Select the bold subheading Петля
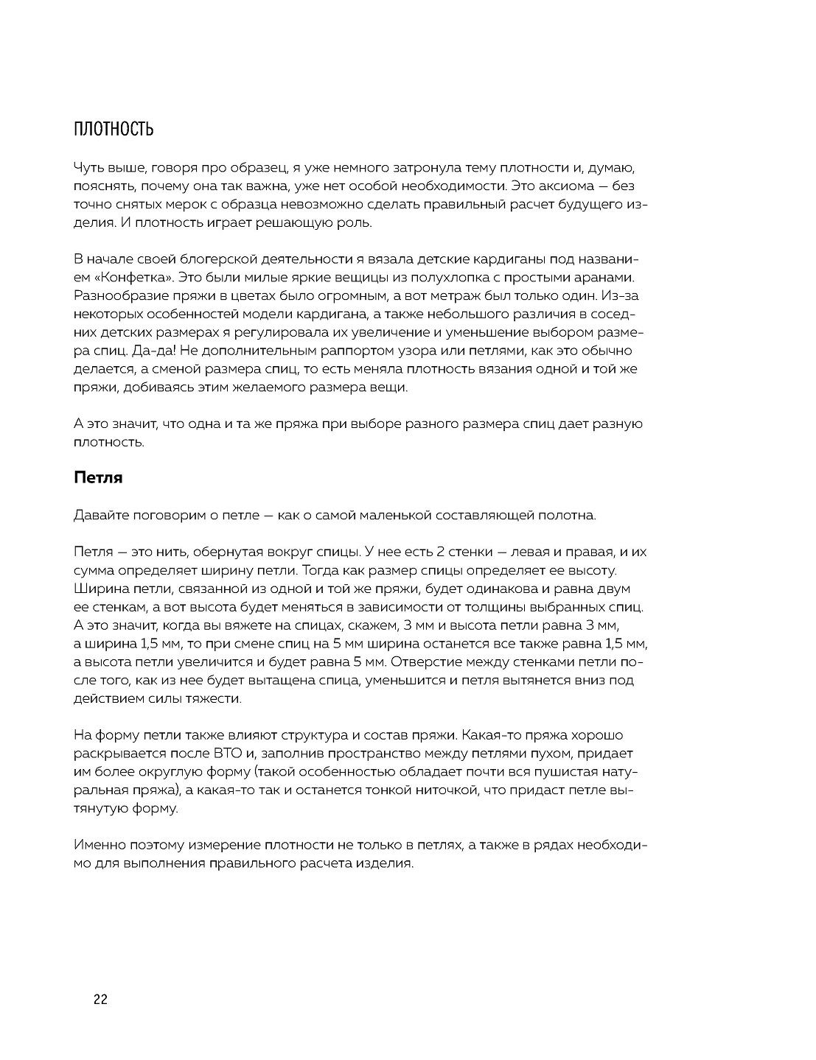click(98, 477)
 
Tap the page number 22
click(101, 1000)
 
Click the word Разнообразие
click(121, 296)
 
